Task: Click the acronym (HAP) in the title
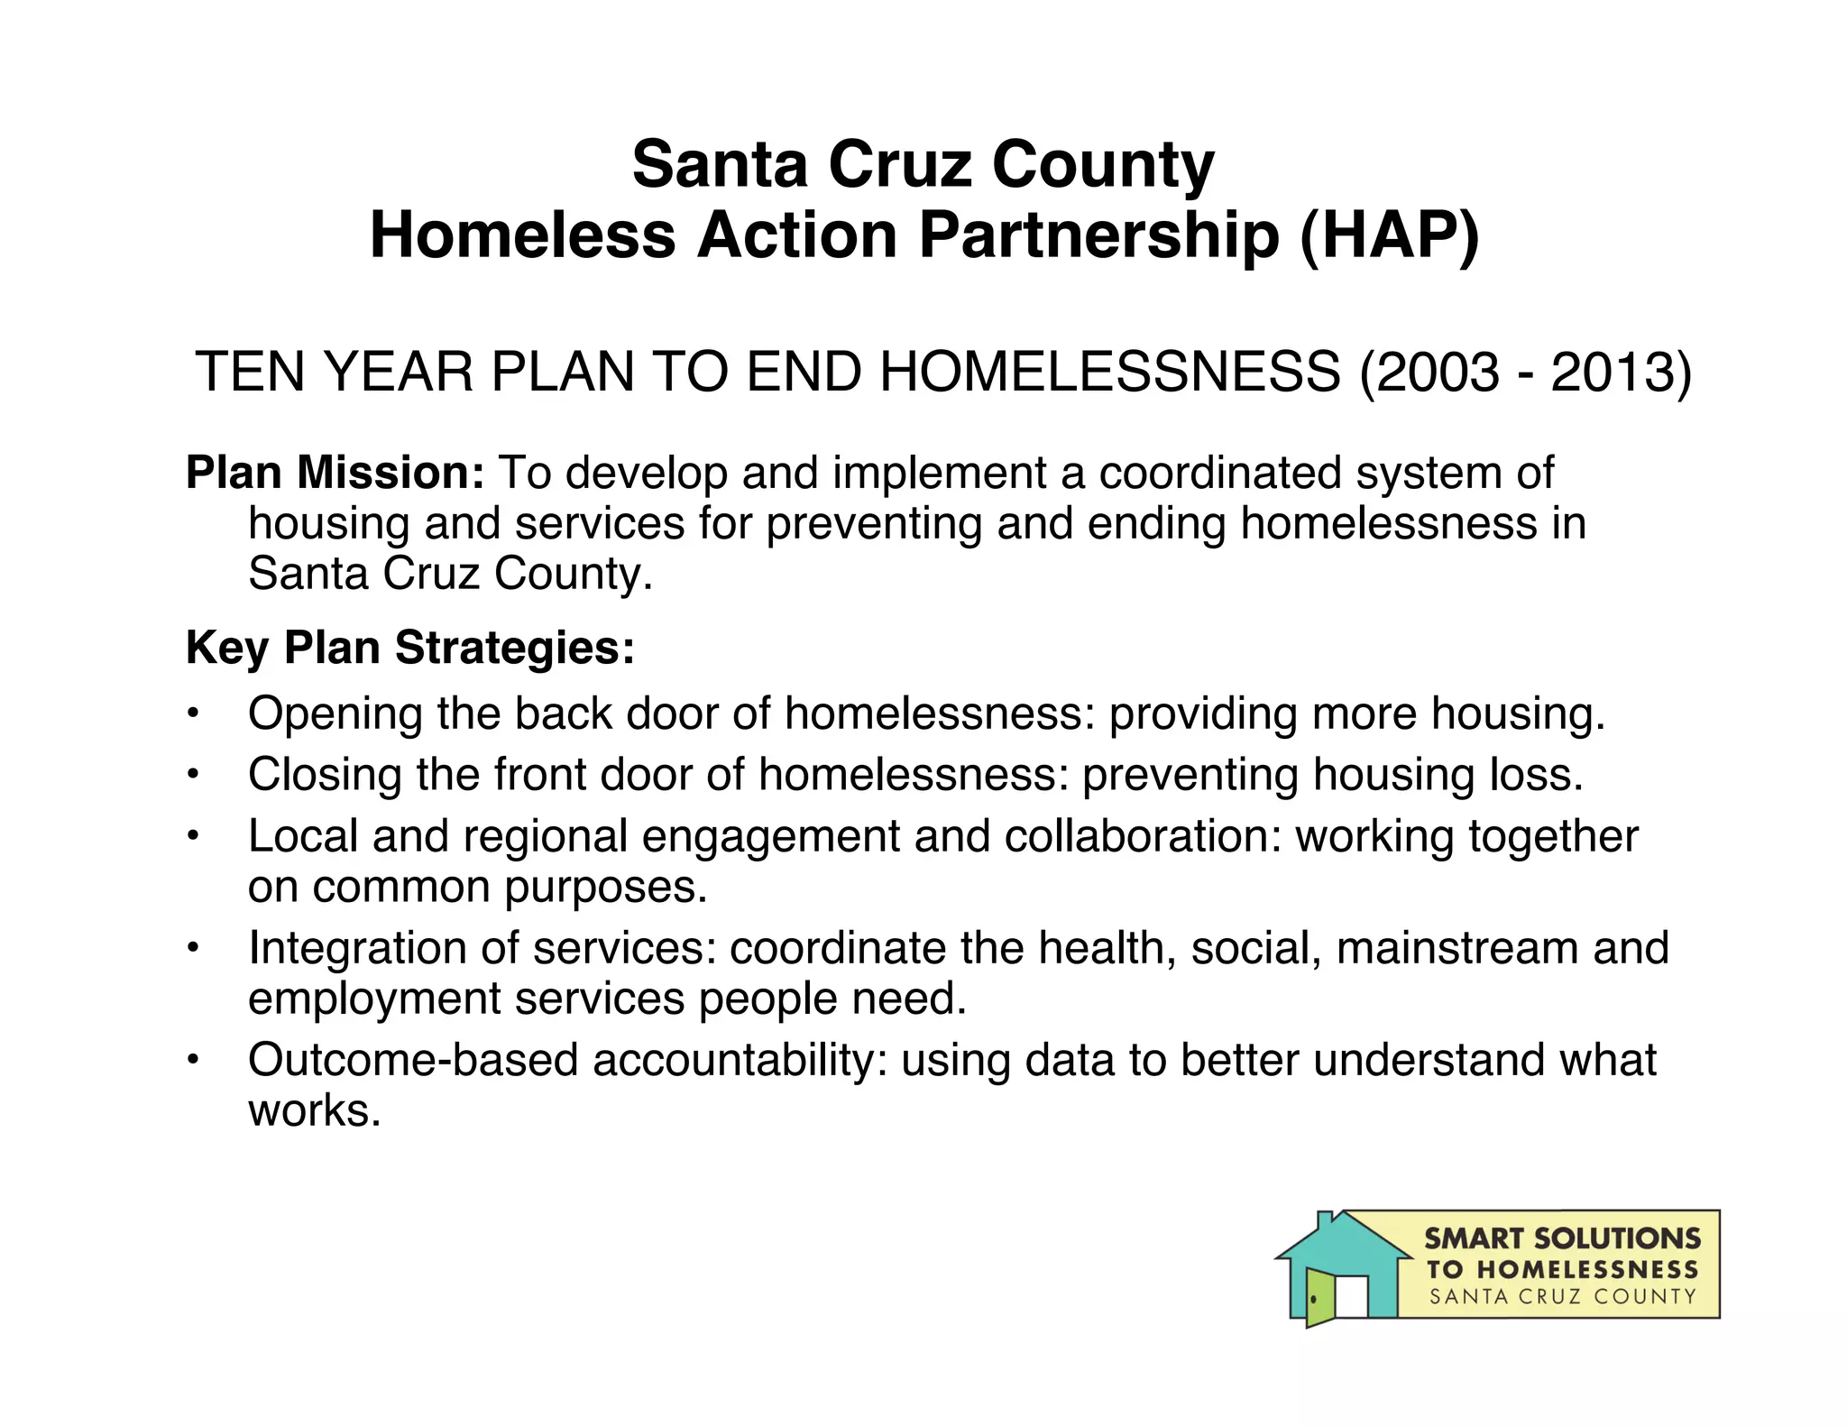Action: pos(1389,236)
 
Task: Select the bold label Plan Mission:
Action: pos(335,473)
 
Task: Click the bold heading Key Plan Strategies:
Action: pos(410,648)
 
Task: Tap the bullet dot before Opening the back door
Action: pos(192,713)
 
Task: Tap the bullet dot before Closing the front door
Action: pos(192,775)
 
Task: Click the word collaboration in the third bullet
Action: pos(1143,836)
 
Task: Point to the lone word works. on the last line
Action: pos(315,1110)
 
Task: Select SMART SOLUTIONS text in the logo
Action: pos(1562,1238)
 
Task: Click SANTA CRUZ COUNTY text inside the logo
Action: pos(1562,1297)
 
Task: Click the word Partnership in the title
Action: pos(1098,236)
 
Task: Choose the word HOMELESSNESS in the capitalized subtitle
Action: pos(1110,372)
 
